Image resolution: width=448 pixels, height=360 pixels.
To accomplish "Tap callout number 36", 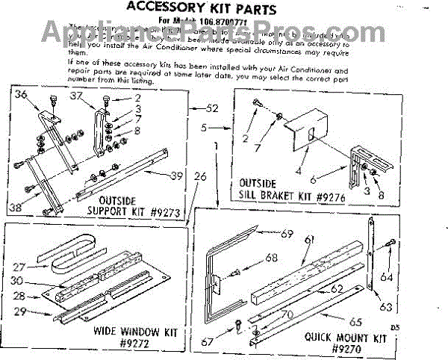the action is [x=20, y=94].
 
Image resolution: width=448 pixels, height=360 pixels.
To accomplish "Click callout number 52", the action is [x=211, y=108].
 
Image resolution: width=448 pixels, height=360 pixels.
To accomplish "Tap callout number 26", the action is [x=199, y=176].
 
